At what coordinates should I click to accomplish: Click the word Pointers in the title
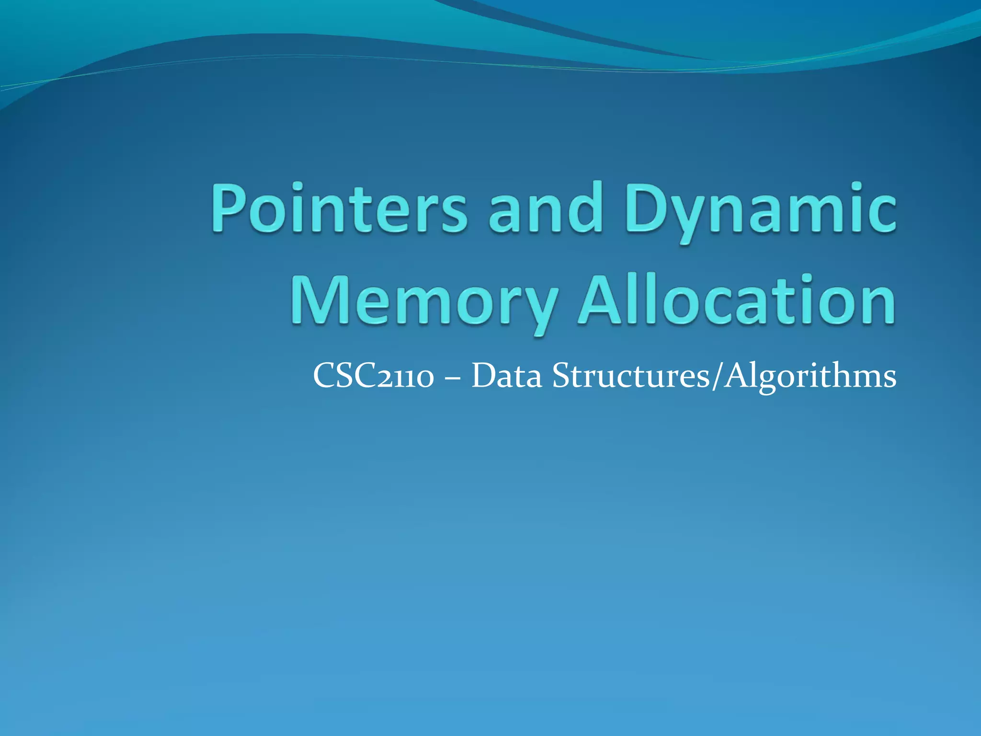coord(339,208)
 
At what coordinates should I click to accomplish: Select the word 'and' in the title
coord(545,208)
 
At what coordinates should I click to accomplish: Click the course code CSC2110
coord(373,376)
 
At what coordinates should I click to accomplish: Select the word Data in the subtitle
coord(507,376)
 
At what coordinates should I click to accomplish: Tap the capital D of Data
coord(484,376)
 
